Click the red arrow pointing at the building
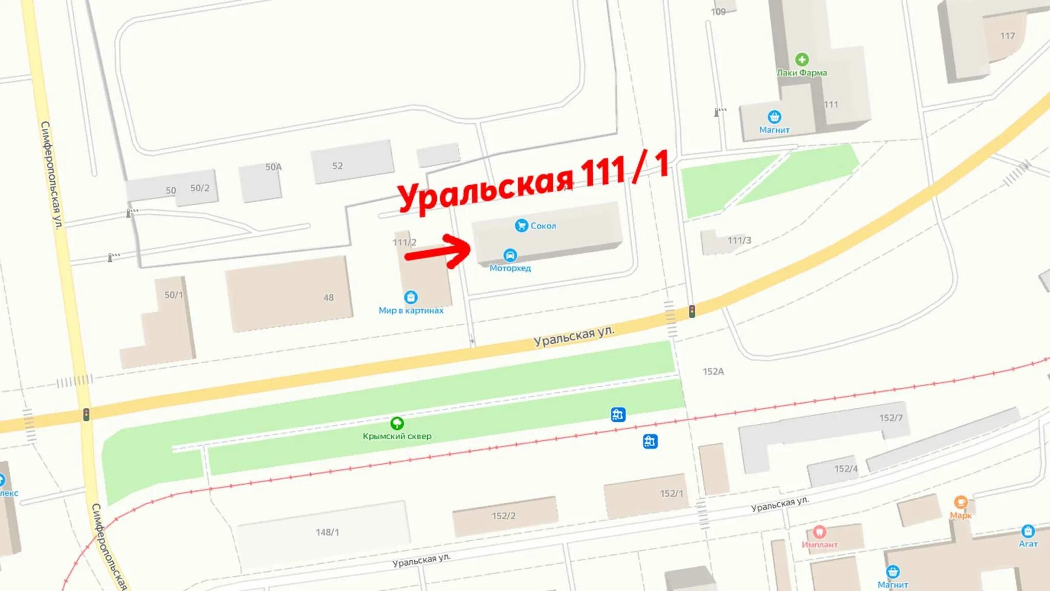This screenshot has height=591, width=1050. point(438,251)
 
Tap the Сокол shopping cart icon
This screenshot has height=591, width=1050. point(521,225)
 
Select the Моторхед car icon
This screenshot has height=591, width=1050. point(510,255)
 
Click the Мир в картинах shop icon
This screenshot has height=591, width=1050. point(411,297)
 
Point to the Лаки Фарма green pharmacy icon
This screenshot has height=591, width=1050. point(802,60)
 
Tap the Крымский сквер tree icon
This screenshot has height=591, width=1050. point(397,423)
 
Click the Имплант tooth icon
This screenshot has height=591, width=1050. point(819,532)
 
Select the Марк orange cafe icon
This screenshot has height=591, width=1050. point(960,502)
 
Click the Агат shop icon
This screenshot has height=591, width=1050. point(1027,531)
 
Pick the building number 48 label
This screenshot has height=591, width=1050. point(329,298)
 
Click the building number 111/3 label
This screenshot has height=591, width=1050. point(739,240)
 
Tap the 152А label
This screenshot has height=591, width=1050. point(713,371)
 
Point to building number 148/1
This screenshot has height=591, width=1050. point(327,532)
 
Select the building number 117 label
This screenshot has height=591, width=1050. point(1007,36)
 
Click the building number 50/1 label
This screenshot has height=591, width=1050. point(173,295)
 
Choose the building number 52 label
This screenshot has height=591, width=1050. point(337,166)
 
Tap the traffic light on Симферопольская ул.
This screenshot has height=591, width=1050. point(86,414)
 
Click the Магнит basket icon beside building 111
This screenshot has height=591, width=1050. point(774,117)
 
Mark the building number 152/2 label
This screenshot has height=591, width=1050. point(503,516)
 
